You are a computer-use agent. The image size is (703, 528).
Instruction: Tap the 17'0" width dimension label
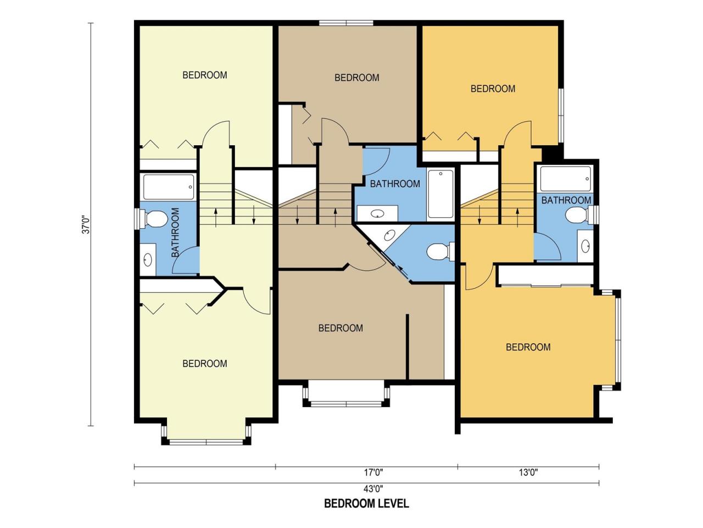[373, 472]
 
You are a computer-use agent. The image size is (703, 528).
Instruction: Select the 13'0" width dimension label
[528, 472]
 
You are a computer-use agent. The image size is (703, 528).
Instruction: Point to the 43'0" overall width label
[373, 489]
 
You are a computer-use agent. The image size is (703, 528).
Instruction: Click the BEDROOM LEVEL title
[366, 503]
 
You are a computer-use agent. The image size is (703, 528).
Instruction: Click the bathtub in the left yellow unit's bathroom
[169, 187]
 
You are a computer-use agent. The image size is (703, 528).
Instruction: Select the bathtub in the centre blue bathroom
[440, 194]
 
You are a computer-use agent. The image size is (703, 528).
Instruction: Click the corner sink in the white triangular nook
[389, 235]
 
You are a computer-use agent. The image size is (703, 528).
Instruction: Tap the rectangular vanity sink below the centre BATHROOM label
[378, 213]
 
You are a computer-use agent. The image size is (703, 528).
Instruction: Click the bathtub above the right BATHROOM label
[565, 179]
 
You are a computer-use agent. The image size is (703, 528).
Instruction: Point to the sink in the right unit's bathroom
[585, 246]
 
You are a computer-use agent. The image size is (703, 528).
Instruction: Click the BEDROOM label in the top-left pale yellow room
[205, 75]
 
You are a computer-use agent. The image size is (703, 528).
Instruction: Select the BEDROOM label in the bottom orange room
[528, 347]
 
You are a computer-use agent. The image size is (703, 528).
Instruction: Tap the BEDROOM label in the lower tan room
[341, 328]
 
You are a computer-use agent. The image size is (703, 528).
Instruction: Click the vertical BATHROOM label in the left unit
[175, 233]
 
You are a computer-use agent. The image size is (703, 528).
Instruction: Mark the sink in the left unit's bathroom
[148, 260]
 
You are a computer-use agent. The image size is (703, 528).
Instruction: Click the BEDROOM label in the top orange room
[493, 89]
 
